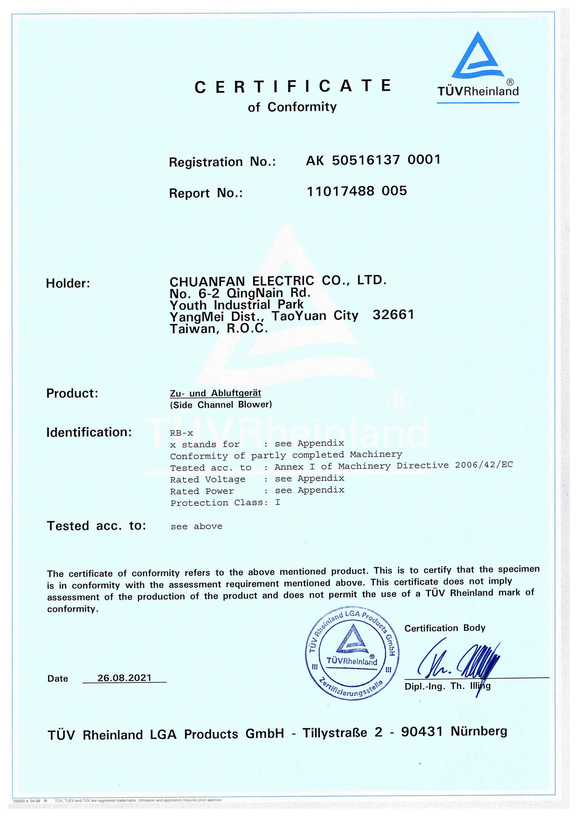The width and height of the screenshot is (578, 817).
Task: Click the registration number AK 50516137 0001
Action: [x=373, y=160]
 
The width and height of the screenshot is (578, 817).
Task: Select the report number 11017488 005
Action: [x=357, y=191]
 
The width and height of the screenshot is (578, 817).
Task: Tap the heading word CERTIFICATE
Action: [x=292, y=86]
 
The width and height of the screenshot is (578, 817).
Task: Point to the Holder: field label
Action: [x=68, y=284]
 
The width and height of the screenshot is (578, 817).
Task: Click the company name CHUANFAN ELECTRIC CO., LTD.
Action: [x=278, y=281]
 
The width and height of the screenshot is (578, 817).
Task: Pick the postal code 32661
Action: [x=393, y=315]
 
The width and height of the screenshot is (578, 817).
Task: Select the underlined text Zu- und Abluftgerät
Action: [x=215, y=393]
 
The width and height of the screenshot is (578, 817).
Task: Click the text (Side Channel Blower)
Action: [x=221, y=405]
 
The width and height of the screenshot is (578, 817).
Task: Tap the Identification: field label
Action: [x=89, y=432]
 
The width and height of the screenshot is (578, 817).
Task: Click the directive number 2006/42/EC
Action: [x=484, y=465]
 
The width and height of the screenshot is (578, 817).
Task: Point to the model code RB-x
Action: [x=182, y=433]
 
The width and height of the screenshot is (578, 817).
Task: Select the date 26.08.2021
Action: [x=125, y=678]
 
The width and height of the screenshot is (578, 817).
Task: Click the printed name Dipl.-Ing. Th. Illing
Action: [x=447, y=686]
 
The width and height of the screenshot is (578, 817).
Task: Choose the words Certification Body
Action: [x=445, y=628]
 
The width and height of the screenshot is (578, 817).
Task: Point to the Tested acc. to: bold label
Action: [x=96, y=526]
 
